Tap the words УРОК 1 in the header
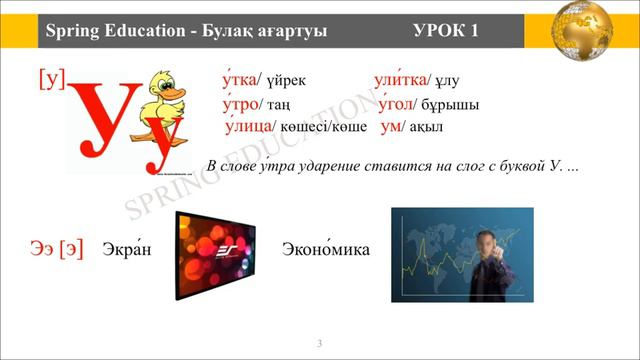point(445,31)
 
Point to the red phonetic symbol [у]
point(51,79)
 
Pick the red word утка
point(239,80)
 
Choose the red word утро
point(240,104)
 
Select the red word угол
point(398,104)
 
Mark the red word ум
point(393,127)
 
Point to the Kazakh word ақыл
point(427,128)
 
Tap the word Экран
point(126,249)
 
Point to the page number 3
point(320,345)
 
